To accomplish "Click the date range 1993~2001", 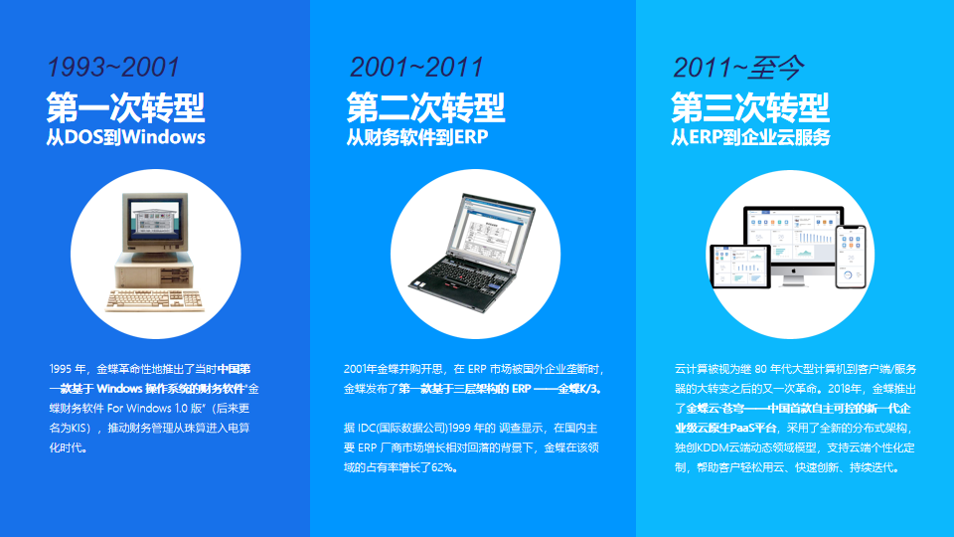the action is point(113,68).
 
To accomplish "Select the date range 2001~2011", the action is point(416,68).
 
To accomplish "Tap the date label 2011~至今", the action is point(738,68).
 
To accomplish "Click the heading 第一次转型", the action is point(125,107).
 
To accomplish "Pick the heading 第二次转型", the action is point(425,107).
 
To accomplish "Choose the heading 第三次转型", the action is point(749,107).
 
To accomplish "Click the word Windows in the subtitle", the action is point(164,137).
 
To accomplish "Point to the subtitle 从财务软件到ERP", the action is point(417,137).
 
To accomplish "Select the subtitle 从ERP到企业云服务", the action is point(750,137).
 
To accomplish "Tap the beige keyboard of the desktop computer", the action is point(155,300).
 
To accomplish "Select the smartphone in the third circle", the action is point(851,257).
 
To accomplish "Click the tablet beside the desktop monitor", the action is point(739,267).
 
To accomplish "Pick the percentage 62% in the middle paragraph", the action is point(443,467).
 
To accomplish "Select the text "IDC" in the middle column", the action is point(367,428).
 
